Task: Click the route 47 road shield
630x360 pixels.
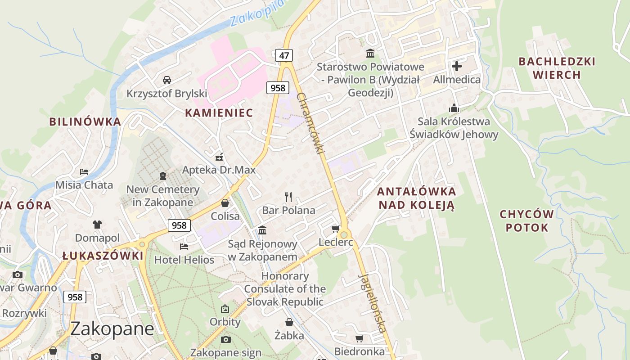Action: pyautogui.click(x=284, y=55)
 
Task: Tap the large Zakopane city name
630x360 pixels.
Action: pyautogui.click(x=112, y=329)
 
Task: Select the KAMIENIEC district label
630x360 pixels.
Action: pyautogui.click(x=219, y=112)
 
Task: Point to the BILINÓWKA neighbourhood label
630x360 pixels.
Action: pyautogui.click(x=85, y=121)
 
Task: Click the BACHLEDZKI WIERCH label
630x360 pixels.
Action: pyautogui.click(x=557, y=68)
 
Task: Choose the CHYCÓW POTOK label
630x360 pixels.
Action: pyautogui.click(x=526, y=220)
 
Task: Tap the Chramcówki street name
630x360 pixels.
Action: pyautogui.click(x=311, y=124)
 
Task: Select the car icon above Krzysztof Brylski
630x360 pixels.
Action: pyautogui.click(x=167, y=80)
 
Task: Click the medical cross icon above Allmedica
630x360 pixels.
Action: pyautogui.click(x=457, y=67)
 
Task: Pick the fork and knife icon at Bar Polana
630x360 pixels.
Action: pyautogui.click(x=288, y=197)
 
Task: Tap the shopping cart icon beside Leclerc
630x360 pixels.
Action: pyautogui.click(x=335, y=229)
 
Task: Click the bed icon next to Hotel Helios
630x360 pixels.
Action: pyautogui.click(x=184, y=246)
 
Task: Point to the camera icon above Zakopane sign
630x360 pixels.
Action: pyautogui.click(x=226, y=339)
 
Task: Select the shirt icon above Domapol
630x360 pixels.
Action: pyautogui.click(x=97, y=224)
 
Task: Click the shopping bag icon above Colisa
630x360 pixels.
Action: pyautogui.click(x=225, y=203)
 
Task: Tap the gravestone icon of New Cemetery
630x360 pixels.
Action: pyautogui.click(x=163, y=175)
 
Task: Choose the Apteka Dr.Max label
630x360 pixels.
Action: pyautogui.click(x=219, y=170)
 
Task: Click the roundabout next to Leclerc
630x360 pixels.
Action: pyautogui.click(x=344, y=234)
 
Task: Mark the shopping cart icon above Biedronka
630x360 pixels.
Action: pyautogui.click(x=359, y=338)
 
